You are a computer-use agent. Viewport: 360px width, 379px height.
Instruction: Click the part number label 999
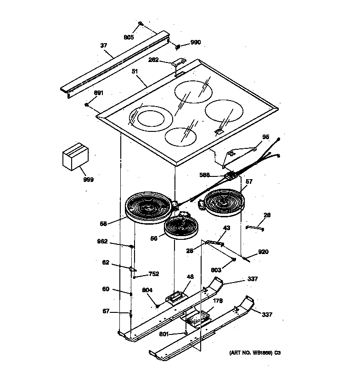click(88, 180)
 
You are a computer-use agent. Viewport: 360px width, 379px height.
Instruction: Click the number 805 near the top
click(129, 37)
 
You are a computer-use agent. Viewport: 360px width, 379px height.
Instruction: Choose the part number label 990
click(196, 42)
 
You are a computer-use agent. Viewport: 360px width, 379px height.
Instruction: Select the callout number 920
click(264, 252)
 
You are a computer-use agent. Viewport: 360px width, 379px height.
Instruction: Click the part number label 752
click(153, 274)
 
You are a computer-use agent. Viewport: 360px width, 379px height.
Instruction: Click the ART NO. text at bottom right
click(254, 353)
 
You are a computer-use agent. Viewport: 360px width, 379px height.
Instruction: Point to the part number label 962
click(102, 241)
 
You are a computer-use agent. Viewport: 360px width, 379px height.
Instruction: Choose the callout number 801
click(164, 334)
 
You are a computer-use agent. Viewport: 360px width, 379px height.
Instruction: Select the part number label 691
click(99, 93)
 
